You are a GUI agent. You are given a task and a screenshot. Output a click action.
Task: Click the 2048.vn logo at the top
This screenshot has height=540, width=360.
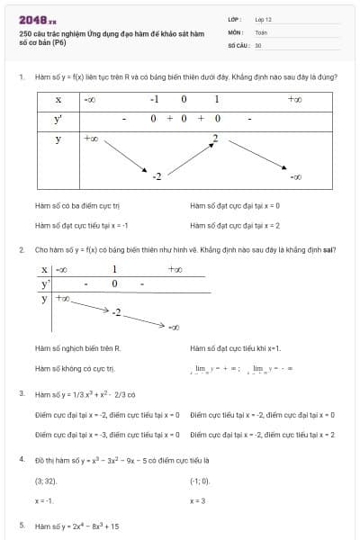pyautogui.click(x=36, y=19)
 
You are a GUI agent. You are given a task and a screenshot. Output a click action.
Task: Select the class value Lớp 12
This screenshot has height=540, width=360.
pyautogui.click(x=264, y=18)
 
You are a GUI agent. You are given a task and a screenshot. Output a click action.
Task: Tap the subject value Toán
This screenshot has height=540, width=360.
pyautogui.click(x=261, y=31)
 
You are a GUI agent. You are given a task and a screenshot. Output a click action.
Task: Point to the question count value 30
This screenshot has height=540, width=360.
pyautogui.click(x=258, y=43)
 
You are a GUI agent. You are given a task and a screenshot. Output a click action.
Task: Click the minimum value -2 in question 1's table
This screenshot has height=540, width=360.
pyautogui.click(x=156, y=175)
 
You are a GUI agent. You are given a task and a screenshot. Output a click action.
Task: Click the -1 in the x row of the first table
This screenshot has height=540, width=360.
pyautogui.click(x=155, y=99)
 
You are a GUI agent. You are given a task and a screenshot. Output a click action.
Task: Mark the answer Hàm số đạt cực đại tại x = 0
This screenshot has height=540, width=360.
pyautogui.click(x=236, y=205)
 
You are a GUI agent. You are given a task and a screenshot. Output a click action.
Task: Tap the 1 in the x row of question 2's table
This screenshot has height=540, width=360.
pyautogui.click(x=114, y=268)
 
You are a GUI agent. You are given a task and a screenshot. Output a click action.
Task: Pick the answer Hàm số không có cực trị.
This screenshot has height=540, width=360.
pyautogui.click(x=75, y=367)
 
